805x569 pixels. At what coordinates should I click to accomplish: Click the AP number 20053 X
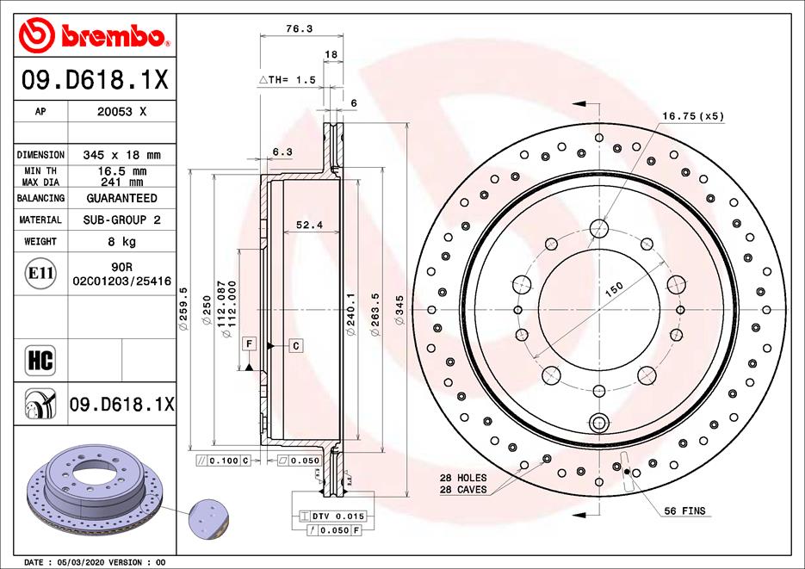pyautogui.click(x=121, y=112)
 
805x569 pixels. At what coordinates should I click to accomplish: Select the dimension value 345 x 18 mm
pyautogui.click(x=121, y=155)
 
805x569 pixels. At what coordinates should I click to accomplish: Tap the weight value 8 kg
pyautogui.click(x=121, y=242)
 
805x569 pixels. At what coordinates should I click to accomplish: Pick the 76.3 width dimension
pyautogui.click(x=298, y=28)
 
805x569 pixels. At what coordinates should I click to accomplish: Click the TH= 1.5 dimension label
pyautogui.click(x=288, y=79)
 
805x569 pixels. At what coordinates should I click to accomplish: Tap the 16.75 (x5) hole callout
pyautogui.click(x=693, y=115)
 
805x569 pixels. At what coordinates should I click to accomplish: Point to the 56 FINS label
pyautogui.click(x=684, y=511)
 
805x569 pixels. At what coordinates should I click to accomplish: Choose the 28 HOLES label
pyautogui.click(x=462, y=478)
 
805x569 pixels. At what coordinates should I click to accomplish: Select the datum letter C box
pyautogui.click(x=295, y=345)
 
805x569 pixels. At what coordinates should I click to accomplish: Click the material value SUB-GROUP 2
pyautogui.click(x=121, y=220)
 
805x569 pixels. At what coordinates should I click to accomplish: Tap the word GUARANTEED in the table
pyautogui.click(x=121, y=198)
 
